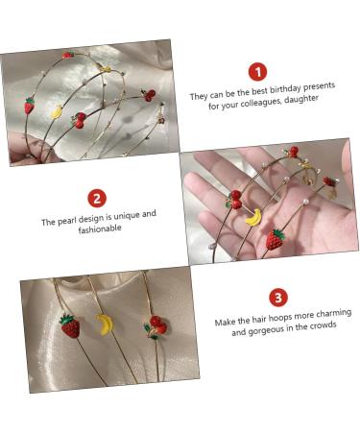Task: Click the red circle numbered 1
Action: pyautogui.click(x=256, y=71)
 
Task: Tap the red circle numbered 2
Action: pyautogui.click(x=97, y=198)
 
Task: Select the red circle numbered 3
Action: pyautogui.click(x=277, y=297)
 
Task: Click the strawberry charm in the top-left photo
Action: pyautogui.click(x=30, y=106)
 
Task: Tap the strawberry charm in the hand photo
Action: pyautogui.click(x=275, y=239)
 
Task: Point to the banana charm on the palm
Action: pyautogui.click(x=253, y=217)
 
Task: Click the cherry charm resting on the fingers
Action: pyautogui.click(x=234, y=200)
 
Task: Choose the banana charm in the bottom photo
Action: pyautogui.click(x=105, y=325)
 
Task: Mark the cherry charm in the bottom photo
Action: pyautogui.click(x=156, y=325)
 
